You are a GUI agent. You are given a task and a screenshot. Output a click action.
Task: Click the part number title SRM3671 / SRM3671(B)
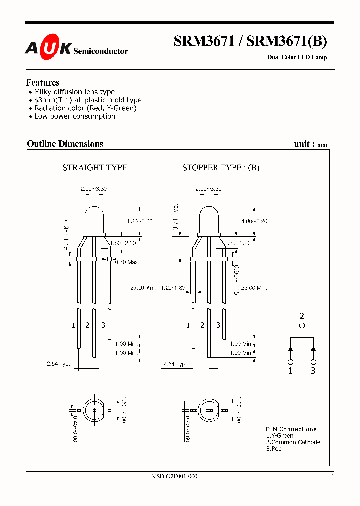[250, 42]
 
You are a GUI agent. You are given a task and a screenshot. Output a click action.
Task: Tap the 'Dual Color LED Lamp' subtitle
[297, 57]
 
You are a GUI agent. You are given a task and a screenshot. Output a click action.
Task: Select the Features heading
[42, 83]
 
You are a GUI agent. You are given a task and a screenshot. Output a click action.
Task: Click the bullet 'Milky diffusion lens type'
[74, 92]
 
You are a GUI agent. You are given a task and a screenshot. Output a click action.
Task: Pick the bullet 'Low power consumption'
[75, 116]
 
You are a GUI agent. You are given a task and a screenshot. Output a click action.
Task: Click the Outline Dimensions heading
[65, 144]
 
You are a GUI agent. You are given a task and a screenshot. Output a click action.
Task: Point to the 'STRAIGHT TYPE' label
[95, 168]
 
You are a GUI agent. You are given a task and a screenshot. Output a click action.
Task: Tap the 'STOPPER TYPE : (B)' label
[221, 168]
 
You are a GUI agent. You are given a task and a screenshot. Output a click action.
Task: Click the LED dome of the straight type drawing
[94, 220]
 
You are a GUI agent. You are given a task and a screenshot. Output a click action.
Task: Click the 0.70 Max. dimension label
[127, 262]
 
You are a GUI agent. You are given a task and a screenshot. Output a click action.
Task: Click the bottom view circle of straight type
[94, 410]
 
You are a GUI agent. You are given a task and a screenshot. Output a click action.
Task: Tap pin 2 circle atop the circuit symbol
[301, 326]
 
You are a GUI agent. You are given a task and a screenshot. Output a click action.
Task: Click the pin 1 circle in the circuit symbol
[290, 362]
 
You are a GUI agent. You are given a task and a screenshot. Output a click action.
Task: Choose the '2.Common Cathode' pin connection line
[293, 442]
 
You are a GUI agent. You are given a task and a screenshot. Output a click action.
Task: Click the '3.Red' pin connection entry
[274, 449]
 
